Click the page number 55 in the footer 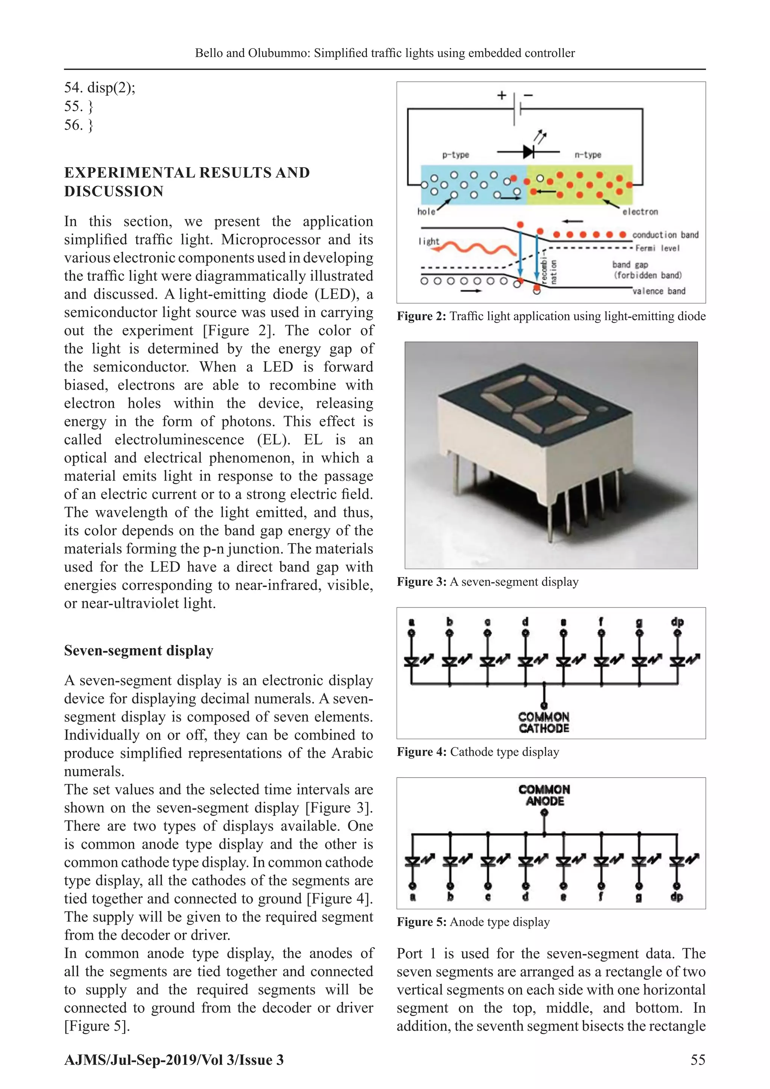(x=697, y=1060)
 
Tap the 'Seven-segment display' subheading (x=138, y=650)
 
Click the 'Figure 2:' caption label (x=421, y=316)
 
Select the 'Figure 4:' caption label (x=421, y=752)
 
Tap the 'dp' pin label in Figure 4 (x=677, y=621)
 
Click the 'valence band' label (x=659, y=291)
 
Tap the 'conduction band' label (x=665, y=235)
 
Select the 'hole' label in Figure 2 (x=426, y=211)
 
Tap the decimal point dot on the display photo (x=603, y=409)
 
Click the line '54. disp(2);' (x=100, y=88)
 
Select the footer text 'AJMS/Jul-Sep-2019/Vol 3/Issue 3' (x=174, y=1060)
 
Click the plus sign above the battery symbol (x=501, y=95)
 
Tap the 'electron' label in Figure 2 (x=640, y=211)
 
